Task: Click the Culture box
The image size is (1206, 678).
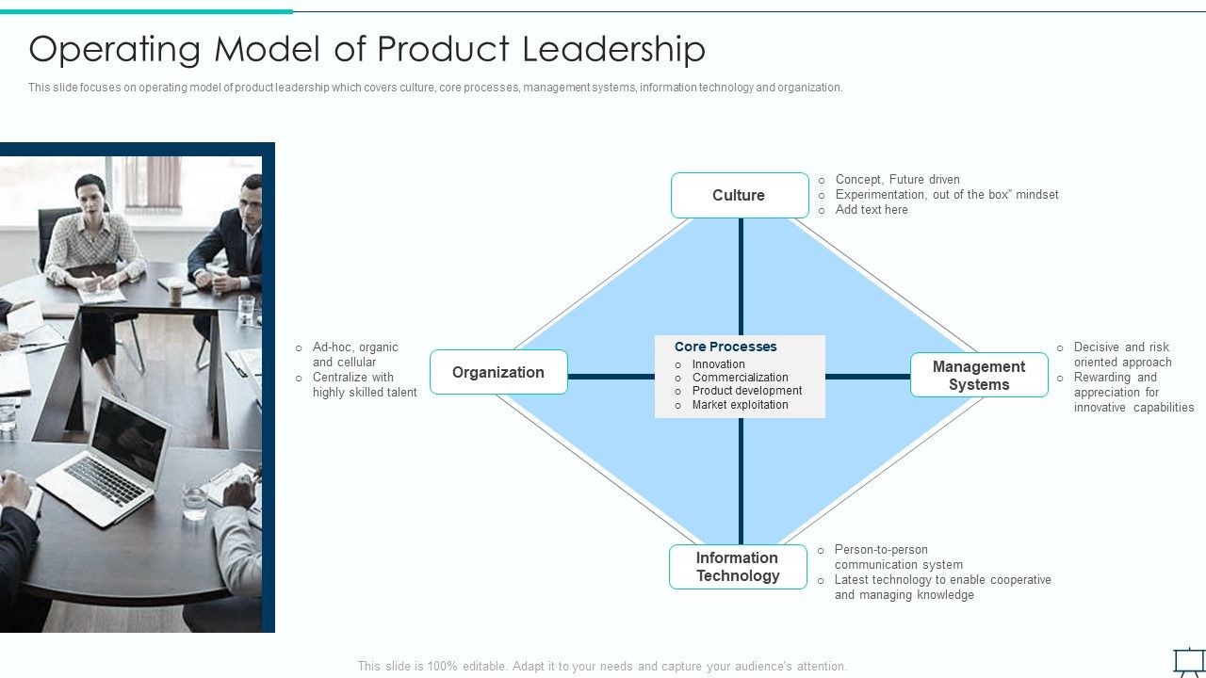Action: point(740,195)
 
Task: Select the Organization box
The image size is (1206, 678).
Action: point(498,372)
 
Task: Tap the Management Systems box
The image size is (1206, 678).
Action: point(979,375)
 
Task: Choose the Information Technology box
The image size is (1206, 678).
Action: point(738,567)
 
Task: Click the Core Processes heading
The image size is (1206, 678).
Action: point(725,347)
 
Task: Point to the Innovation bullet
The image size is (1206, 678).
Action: point(718,364)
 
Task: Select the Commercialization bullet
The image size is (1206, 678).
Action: point(740,378)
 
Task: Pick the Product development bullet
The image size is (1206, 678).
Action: point(746,391)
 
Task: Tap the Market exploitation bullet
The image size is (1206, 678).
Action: point(740,405)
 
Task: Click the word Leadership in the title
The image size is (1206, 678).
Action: point(613,49)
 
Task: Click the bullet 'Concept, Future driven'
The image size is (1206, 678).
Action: point(897,180)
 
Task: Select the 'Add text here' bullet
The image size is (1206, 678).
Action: point(872,210)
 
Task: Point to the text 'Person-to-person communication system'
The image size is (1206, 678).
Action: point(898,557)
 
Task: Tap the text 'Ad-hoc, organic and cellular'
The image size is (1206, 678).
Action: point(355,355)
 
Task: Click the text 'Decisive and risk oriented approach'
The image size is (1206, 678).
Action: point(1122,355)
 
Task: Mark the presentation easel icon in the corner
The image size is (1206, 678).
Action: point(1187,661)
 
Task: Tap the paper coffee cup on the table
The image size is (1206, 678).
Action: point(176,293)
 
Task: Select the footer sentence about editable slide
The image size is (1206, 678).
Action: point(602,666)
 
